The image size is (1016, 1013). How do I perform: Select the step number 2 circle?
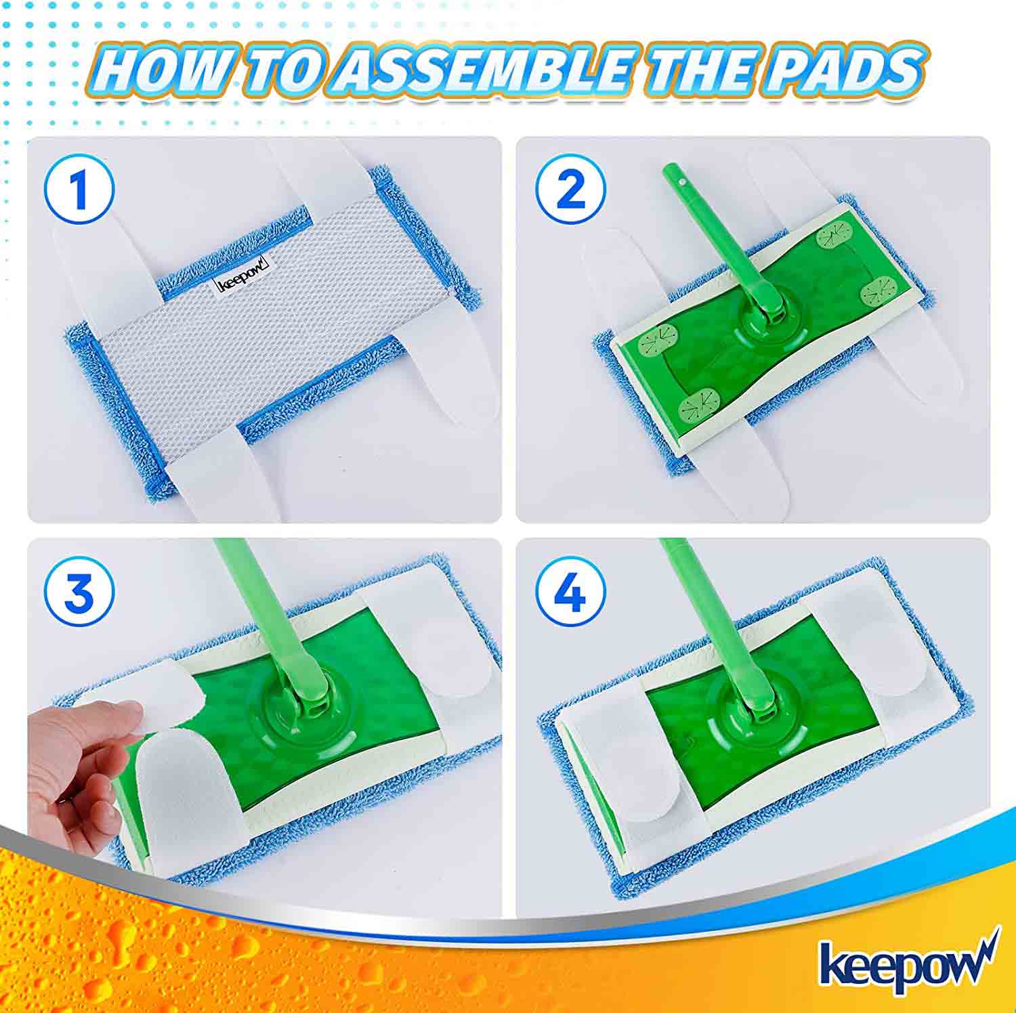point(570,190)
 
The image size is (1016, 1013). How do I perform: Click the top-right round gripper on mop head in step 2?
point(834,238)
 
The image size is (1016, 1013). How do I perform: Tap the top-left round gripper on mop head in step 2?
point(659,335)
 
